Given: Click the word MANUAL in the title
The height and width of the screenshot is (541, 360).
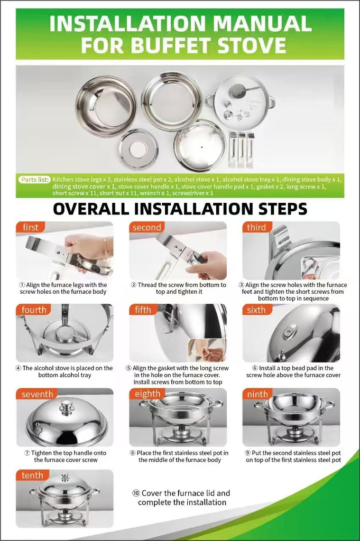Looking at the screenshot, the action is pyautogui.click(x=262, y=24).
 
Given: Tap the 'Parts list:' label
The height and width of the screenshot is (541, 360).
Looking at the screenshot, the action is pyautogui.click(x=34, y=180).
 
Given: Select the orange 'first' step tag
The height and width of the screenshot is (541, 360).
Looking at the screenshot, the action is pyautogui.click(x=30, y=227).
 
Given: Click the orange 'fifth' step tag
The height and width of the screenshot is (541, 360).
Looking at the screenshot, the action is pyautogui.click(x=143, y=310).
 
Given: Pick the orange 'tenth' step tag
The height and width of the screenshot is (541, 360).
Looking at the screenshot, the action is pyautogui.click(x=32, y=475).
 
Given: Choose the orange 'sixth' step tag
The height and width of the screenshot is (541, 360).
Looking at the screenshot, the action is pyautogui.click(x=256, y=310).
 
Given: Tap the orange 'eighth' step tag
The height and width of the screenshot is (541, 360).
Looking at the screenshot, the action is pyautogui.click(x=147, y=394).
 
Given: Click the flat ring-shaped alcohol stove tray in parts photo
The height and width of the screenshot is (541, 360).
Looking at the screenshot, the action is pyautogui.click(x=139, y=148).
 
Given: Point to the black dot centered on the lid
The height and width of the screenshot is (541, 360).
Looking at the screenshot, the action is pyautogui.click(x=201, y=147).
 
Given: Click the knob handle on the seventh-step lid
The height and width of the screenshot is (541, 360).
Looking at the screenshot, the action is pyautogui.click(x=67, y=407).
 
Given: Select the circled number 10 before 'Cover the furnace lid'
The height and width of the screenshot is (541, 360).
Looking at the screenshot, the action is pyautogui.click(x=136, y=493).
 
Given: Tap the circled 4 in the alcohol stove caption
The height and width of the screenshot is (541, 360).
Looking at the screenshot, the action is pyautogui.click(x=19, y=368).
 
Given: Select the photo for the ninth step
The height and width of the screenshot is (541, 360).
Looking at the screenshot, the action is pyautogui.click(x=291, y=417).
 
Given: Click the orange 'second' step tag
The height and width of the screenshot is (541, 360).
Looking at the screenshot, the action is pyautogui.click(x=146, y=227).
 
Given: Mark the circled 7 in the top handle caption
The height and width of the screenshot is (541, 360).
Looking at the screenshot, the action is pyautogui.click(x=27, y=453).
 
